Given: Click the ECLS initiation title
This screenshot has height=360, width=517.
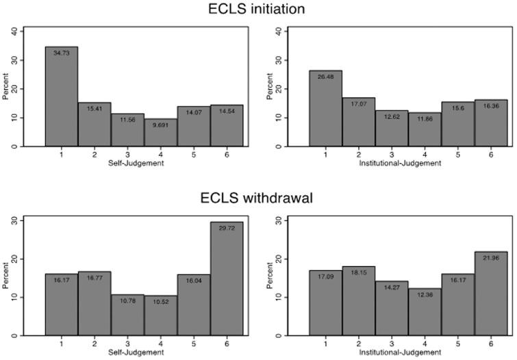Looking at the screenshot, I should coord(257,9).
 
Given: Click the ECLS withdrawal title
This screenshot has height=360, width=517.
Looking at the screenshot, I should coord(257,198).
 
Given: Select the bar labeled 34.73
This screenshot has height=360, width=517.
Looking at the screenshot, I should coord(62,96).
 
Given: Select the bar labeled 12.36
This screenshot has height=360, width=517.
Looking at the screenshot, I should coord(425,312).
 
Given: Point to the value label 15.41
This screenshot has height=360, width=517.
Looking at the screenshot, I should coord(94,110).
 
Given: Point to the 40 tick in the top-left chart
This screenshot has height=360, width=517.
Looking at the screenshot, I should coord(14,31).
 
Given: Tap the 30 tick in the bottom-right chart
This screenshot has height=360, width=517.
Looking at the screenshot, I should coord(279,220).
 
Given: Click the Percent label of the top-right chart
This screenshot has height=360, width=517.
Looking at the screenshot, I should coord(269,88).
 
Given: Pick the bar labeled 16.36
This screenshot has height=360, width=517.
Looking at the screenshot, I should coord(490,123).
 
